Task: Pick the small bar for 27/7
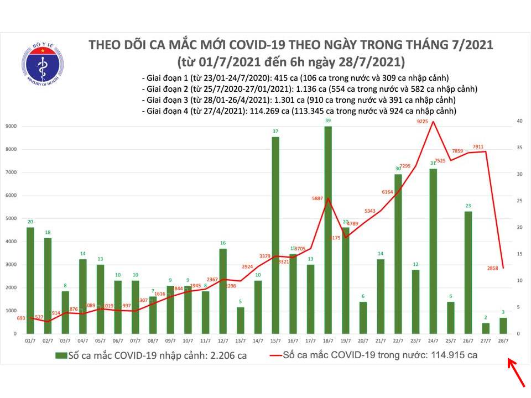pyautogui.click(x=486, y=328)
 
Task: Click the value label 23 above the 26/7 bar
pyautogui.click(x=468, y=206)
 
